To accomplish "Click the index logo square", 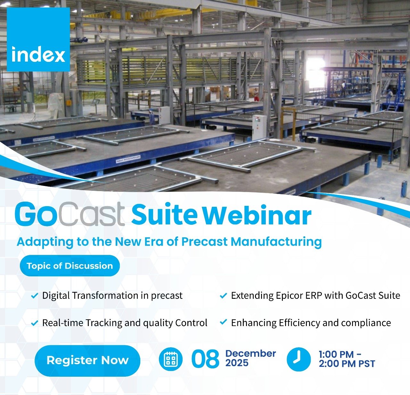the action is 38,39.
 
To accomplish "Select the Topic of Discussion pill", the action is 70,266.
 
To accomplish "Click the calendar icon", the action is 171,359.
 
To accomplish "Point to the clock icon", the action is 299,359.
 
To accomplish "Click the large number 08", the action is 205,359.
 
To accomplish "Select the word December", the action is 250,354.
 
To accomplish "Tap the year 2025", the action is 237,363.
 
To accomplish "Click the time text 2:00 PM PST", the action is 347,364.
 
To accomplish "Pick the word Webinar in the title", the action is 258,215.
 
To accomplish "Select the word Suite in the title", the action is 164,215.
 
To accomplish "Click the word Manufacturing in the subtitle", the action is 276,242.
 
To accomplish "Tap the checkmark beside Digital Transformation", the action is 34,296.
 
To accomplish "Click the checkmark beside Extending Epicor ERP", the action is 223,296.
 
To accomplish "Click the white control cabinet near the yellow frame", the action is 259,128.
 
